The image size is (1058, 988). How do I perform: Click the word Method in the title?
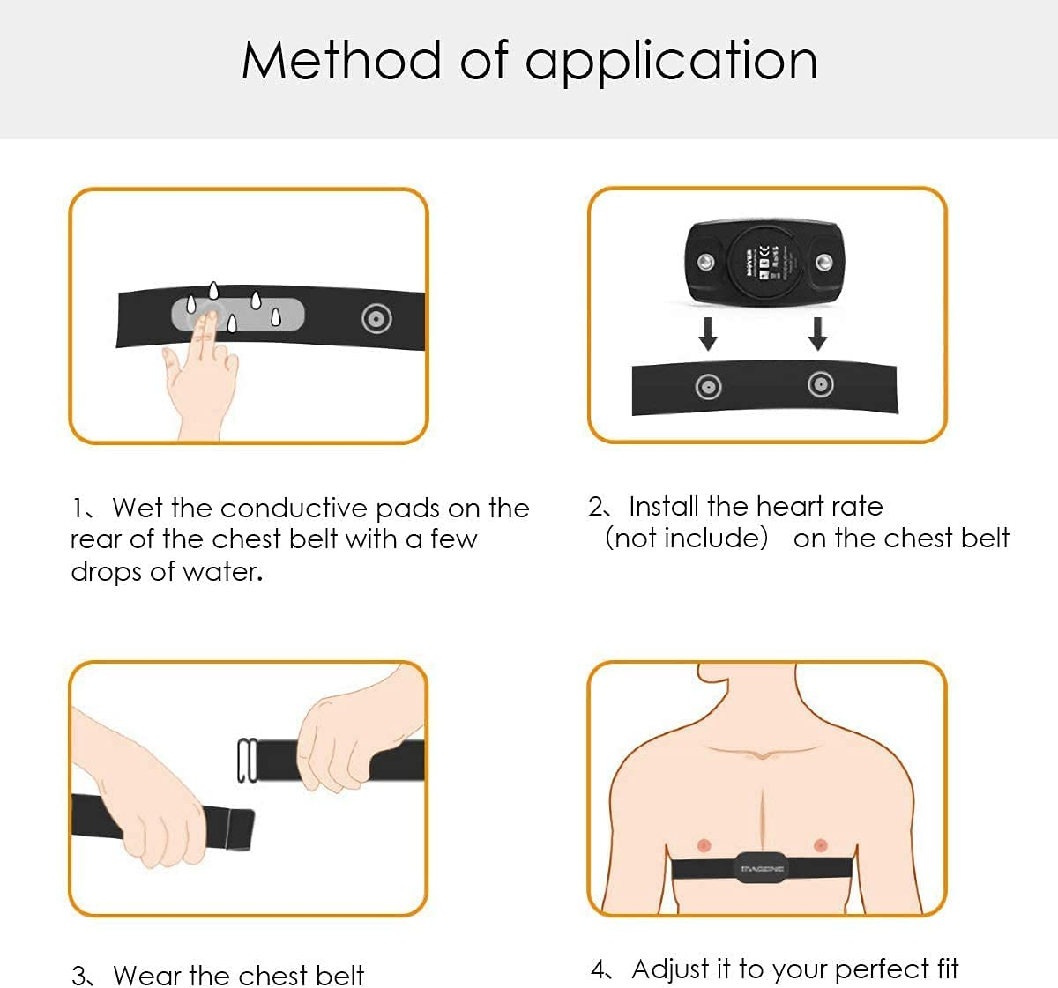340,61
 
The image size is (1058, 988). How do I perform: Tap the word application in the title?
671,63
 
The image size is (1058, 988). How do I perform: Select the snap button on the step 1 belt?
376,319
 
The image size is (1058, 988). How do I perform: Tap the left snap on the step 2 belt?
708,386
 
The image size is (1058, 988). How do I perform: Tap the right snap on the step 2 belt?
821,384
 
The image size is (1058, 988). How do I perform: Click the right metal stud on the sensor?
823,262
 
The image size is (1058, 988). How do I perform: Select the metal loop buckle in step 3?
247,760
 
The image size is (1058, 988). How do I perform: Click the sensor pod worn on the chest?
762,867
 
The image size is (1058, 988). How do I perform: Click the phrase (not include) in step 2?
687,539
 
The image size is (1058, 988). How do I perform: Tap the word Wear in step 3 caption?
147,976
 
